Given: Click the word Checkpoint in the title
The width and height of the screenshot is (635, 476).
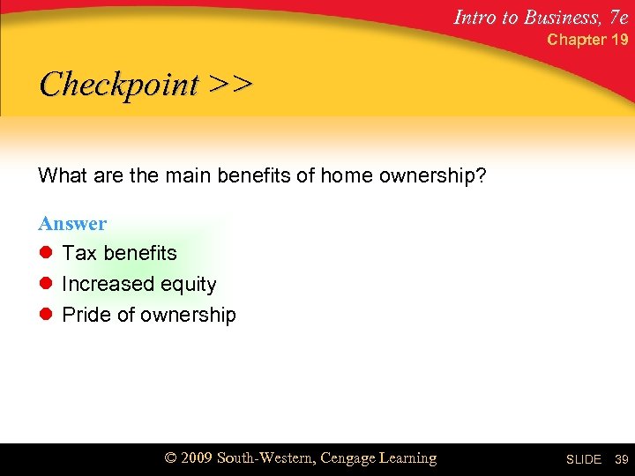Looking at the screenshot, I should (x=119, y=86).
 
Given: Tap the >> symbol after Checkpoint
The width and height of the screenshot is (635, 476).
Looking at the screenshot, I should (x=231, y=86).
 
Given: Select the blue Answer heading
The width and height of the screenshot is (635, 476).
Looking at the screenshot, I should (x=72, y=224).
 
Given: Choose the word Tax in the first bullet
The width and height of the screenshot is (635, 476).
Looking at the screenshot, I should (x=79, y=253).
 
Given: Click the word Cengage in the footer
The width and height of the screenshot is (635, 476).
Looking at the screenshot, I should (x=349, y=458).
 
